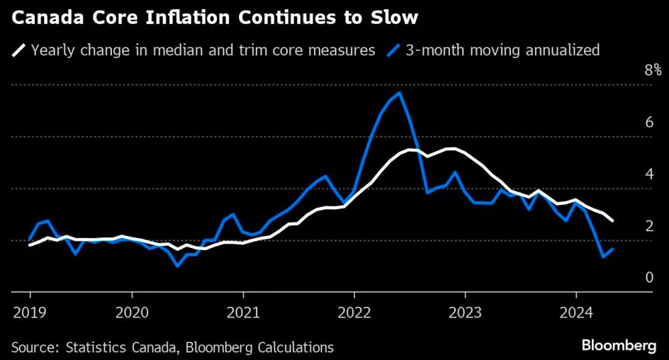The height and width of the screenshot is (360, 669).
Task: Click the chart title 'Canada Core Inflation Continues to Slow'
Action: point(215,18)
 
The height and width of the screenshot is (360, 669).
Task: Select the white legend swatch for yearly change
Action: point(18,50)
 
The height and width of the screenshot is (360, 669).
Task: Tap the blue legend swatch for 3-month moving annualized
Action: point(393,50)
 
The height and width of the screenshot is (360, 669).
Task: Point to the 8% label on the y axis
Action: point(653,70)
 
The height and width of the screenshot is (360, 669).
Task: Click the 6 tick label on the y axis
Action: point(649,123)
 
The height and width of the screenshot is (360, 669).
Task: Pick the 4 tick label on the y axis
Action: point(649,174)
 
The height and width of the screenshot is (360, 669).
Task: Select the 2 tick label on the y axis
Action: point(649,226)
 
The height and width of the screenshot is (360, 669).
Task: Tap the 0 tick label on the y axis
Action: point(649,278)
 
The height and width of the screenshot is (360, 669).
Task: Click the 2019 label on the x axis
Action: point(30,313)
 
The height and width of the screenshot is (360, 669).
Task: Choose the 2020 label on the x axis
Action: point(133,313)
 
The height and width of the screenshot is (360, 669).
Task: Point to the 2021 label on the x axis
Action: point(243,313)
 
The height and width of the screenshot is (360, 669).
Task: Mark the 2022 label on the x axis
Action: point(354,313)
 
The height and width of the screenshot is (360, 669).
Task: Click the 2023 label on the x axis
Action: point(465,313)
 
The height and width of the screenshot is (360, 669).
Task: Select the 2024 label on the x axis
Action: point(576,313)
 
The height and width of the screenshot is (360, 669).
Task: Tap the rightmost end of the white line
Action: point(613,220)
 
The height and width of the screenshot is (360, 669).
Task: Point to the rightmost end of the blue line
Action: point(613,249)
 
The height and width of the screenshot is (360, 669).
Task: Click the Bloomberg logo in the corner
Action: point(619,345)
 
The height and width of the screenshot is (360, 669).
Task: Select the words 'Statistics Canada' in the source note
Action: point(120,347)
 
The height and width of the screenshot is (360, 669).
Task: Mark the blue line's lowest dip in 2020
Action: point(177,266)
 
